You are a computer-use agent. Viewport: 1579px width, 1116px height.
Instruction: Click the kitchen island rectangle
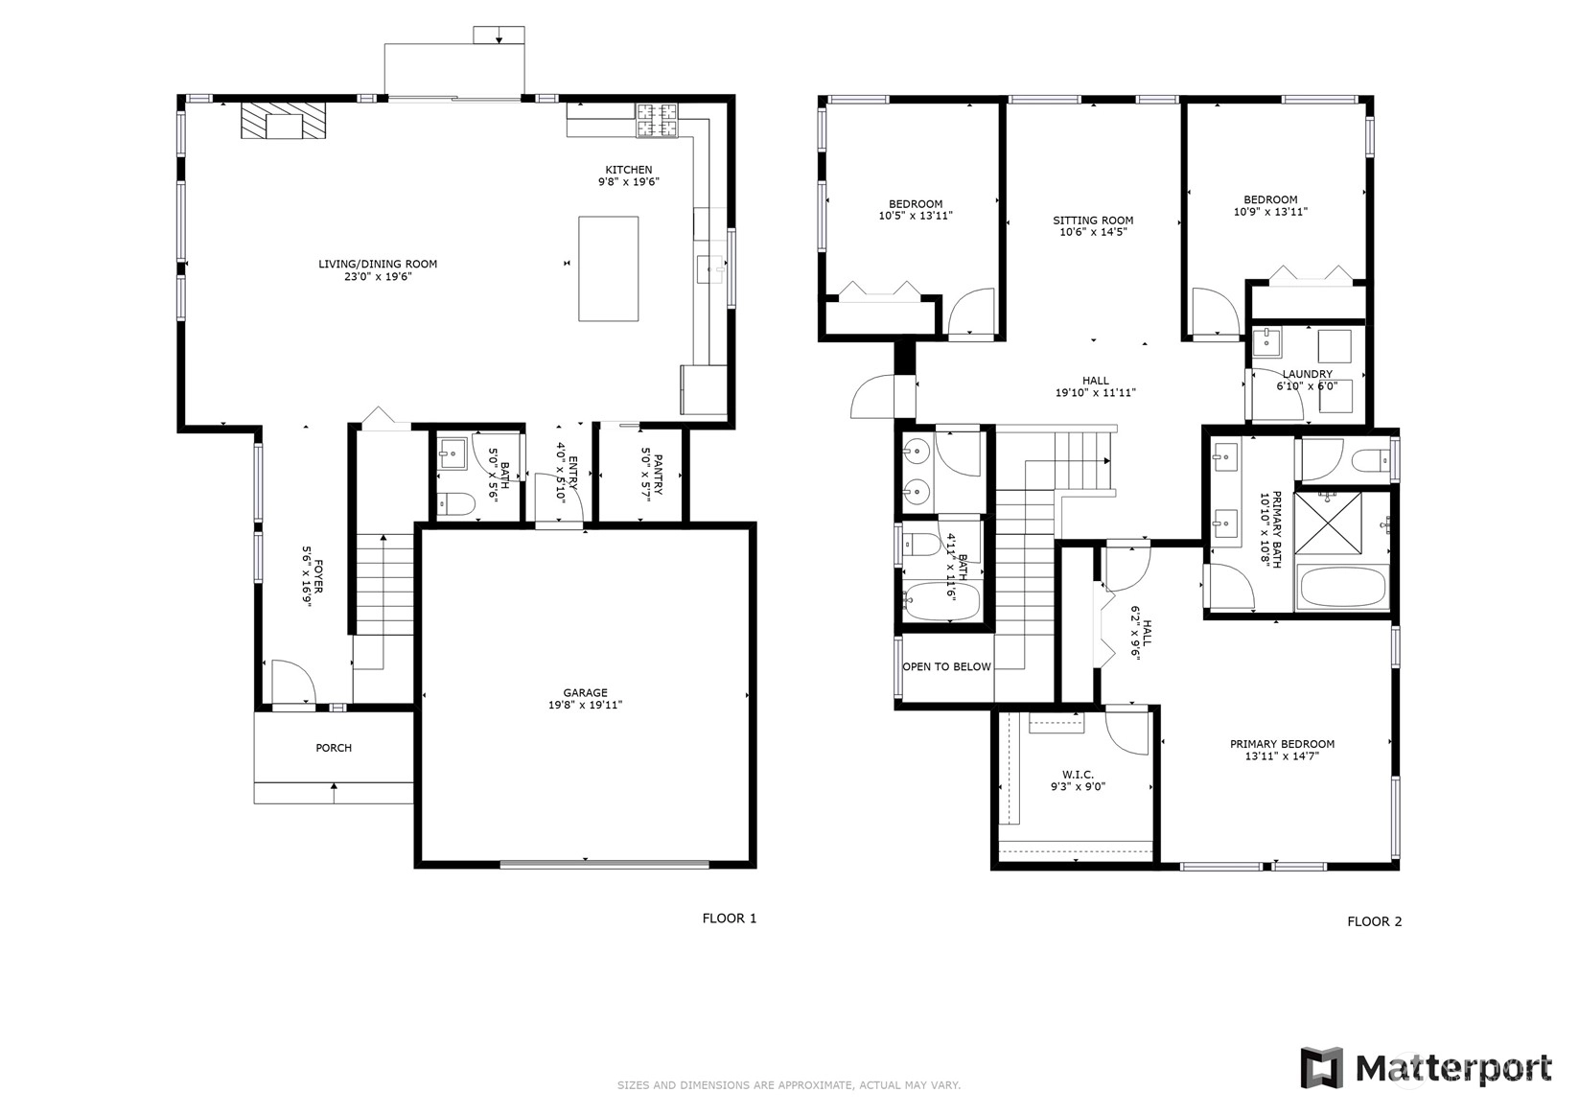click(x=609, y=268)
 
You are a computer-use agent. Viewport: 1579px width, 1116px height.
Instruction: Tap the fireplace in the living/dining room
click(x=284, y=121)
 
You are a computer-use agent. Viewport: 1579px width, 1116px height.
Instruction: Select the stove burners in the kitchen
click(x=657, y=120)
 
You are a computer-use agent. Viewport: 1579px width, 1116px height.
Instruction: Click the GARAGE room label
click(x=585, y=692)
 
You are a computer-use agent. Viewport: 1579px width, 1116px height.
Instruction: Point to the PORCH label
click(x=334, y=747)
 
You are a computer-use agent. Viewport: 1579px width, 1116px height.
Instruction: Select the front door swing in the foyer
click(x=293, y=681)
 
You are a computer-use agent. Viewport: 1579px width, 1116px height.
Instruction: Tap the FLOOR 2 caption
click(x=1375, y=921)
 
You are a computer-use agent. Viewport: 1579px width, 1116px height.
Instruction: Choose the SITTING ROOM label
click(x=1093, y=220)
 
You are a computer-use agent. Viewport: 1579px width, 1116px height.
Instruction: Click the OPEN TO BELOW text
click(x=946, y=666)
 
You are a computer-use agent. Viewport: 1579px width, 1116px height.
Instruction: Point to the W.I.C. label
click(x=1078, y=774)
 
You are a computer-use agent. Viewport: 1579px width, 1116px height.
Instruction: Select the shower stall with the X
click(x=1328, y=523)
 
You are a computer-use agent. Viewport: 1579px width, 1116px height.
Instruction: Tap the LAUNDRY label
click(x=1308, y=374)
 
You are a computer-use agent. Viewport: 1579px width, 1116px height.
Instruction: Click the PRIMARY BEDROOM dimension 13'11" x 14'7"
click(x=1282, y=756)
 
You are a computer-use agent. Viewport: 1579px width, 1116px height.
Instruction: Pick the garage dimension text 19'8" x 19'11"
click(x=585, y=705)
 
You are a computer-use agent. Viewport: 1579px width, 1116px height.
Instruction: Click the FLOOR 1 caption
click(x=730, y=918)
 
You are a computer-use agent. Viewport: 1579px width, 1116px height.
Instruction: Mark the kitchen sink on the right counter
click(x=710, y=268)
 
